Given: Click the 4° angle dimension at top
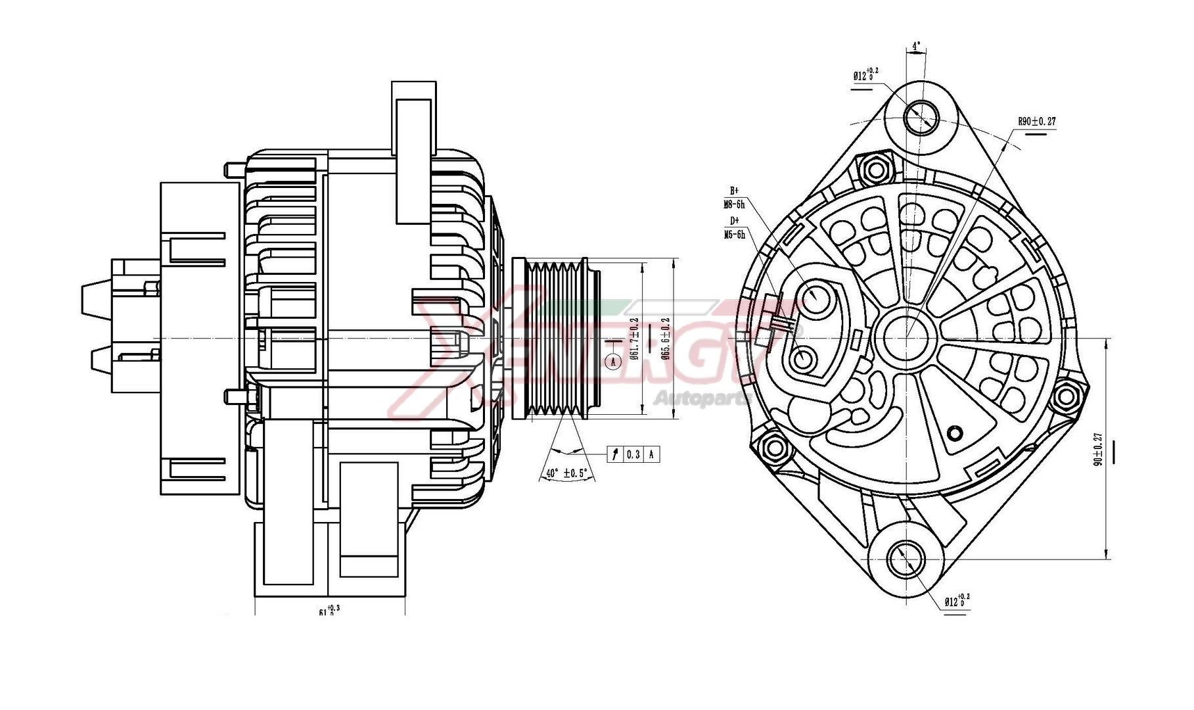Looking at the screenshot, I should (916, 47).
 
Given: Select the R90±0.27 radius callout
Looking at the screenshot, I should (1037, 122).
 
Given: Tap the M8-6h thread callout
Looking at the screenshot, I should (734, 204).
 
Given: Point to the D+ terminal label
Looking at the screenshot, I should (734, 221).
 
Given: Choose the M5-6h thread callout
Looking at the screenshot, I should (734, 234).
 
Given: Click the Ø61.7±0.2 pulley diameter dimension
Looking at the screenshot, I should (635, 339).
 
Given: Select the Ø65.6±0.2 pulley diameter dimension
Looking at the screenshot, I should (665, 339).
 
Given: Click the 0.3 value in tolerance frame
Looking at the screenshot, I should (633, 454).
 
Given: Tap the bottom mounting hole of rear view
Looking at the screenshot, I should (906, 558).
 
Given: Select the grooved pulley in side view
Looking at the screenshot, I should (556, 339).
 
